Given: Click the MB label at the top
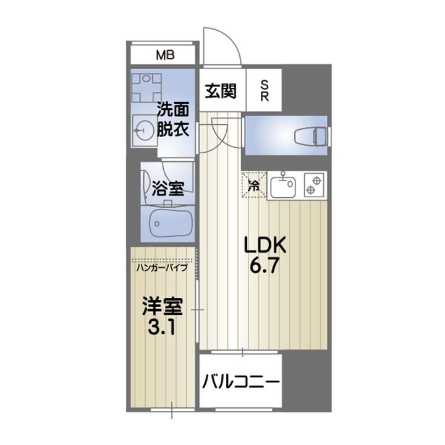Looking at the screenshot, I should pos(165,55).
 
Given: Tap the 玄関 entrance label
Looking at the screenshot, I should pos(221,91).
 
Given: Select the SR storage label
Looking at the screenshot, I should pos(264,91).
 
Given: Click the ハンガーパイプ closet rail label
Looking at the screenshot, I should pos(163,268).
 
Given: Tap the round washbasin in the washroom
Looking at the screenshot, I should pos(143,130).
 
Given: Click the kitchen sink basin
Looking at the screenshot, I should pos(284,187).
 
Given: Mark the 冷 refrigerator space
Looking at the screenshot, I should pos(254,184).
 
